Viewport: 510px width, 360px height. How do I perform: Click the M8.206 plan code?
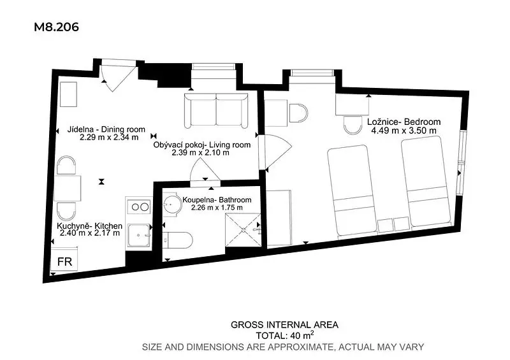tap(56, 27)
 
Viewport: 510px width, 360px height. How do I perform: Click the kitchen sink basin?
tap(139, 235)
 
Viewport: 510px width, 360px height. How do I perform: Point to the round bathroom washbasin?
tap(172, 205)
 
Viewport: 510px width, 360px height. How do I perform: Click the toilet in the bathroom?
tap(177, 240)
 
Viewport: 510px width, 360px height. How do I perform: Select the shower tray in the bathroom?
tap(244, 230)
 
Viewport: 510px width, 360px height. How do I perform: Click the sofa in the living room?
tap(216, 111)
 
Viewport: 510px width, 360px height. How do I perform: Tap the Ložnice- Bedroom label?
tap(404, 122)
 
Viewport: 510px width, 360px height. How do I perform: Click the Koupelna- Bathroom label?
tap(217, 199)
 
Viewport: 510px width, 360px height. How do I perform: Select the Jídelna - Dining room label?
tap(106, 129)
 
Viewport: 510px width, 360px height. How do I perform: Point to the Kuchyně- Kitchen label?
tap(89, 226)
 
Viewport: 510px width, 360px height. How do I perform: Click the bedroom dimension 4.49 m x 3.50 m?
tap(404, 131)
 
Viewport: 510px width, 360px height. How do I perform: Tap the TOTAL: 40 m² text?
tap(285, 335)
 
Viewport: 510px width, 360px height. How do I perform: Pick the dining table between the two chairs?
tap(68, 189)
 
